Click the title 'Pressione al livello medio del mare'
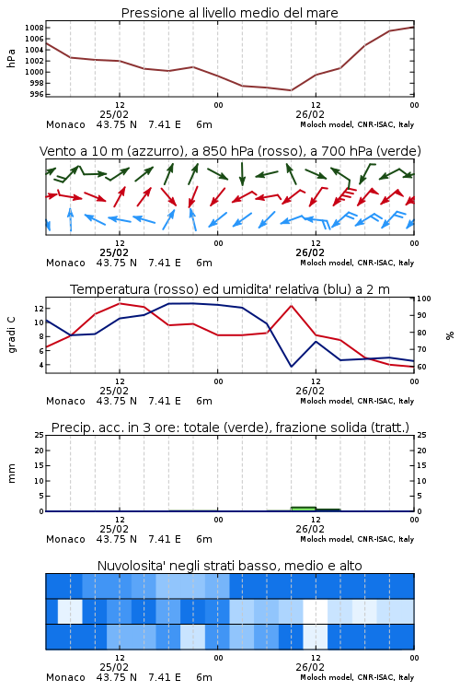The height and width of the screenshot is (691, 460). [229, 13]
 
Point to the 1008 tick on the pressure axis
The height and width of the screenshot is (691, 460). [34, 28]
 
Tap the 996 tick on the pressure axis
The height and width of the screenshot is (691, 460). [37, 94]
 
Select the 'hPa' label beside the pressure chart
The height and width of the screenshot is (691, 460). [11, 58]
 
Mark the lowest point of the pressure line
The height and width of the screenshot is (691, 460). [291, 90]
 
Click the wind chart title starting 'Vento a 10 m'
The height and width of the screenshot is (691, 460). [230, 151]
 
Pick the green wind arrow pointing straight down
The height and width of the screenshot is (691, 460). [242, 174]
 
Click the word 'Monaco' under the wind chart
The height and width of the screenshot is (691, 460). [65, 263]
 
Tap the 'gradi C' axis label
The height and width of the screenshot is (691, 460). [11, 335]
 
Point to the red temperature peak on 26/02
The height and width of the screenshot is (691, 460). [291, 305]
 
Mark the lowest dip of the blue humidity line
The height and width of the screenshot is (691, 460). [291, 366]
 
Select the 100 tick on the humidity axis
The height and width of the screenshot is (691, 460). [424, 299]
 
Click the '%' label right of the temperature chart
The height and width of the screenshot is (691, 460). [450, 335]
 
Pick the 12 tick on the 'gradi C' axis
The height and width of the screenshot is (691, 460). [39, 309]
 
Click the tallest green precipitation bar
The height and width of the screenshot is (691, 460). [304, 509]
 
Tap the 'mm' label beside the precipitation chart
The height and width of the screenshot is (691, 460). [11, 474]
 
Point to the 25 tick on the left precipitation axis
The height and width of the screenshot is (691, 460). [40, 435]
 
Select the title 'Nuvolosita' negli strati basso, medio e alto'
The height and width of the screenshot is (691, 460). [229, 566]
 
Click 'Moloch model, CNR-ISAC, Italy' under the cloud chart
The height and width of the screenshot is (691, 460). [357, 677]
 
